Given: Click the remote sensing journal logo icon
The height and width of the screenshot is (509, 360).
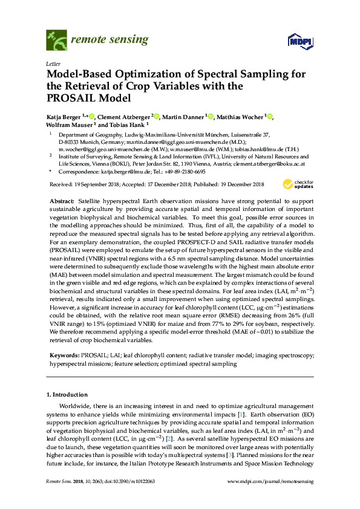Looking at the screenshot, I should (x=56, y=41).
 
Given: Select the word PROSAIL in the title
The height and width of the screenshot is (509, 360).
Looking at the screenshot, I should (x=69, y=97).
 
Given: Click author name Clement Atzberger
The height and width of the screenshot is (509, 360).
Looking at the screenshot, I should (x=123, y=116).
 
